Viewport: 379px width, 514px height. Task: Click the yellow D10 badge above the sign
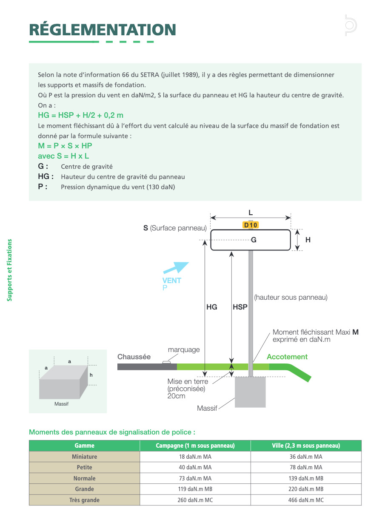point(251,225)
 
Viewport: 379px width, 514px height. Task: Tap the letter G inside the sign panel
point(254,240)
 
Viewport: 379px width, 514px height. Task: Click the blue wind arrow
point(176,268)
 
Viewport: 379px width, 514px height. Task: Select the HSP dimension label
point(240,307)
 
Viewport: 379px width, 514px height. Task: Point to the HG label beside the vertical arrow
point(212,307)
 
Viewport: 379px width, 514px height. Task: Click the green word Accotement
point(287,357)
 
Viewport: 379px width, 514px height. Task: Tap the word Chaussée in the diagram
point(134,357)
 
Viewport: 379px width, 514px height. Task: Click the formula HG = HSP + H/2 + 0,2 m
point(80,115)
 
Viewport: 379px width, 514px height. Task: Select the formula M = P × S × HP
point(65,146)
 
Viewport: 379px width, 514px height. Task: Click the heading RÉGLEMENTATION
point(103,30)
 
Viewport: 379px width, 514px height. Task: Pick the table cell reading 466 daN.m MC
point(306,500)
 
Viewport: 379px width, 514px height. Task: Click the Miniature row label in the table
point(85,457)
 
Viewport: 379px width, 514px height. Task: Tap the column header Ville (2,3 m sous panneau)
point(306,446)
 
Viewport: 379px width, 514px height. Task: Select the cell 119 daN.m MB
point(195,489)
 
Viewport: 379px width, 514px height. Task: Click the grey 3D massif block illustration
point(63,382)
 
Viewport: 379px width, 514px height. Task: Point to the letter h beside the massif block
point(91,375)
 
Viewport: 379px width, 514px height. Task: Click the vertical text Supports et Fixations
point(9,270)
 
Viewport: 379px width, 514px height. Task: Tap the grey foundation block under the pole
point(250,392)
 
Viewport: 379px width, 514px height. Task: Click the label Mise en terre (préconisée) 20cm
point(188,389)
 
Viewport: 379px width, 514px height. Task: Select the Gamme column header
point(85,446)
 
